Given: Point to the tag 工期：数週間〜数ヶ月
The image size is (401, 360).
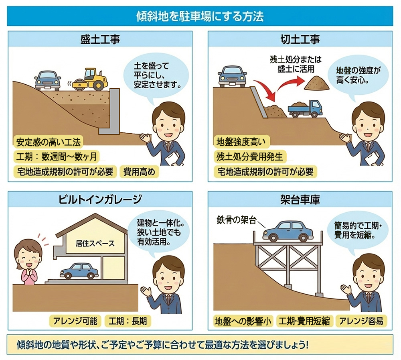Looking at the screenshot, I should click(56, 157).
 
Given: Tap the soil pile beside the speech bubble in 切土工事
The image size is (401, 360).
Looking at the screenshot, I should click(317, 83).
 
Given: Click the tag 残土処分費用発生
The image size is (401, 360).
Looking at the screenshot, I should click(249, 157).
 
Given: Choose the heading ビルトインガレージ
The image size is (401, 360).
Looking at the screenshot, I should click(100, 199).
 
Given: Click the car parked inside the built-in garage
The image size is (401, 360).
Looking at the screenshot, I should click(79, 271).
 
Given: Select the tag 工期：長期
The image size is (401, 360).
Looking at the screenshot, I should click(128, 321).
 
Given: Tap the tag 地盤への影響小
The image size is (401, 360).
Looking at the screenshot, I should click(243, 321).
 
